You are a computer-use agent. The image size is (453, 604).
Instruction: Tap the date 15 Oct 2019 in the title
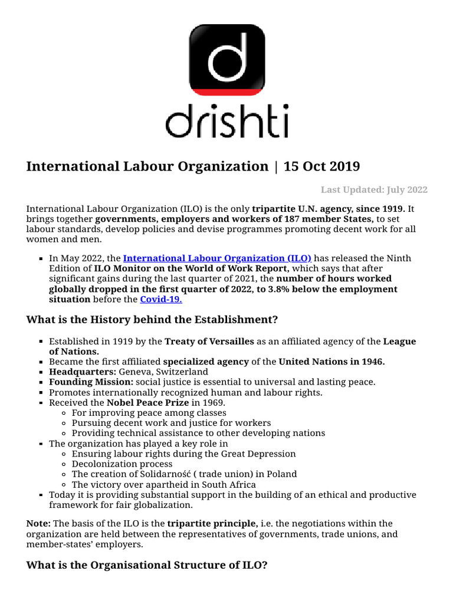(x=321, y=166)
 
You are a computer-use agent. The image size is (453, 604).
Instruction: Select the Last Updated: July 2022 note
(x=374, y=189)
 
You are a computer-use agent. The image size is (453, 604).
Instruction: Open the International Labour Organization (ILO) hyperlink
(x=216, y=258)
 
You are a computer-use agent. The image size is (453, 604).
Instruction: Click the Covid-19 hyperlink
(x=161, y=300)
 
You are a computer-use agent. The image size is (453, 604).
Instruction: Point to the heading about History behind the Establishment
(x=152, y=320)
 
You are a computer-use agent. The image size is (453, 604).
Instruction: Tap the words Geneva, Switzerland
(x=163, y=372)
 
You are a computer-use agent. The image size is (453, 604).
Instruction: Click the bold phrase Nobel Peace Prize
(x=149, y=403)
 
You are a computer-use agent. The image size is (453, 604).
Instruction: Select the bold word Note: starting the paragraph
(x=38, y=523)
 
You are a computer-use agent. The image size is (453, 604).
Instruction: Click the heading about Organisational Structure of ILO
(x=147, y=565)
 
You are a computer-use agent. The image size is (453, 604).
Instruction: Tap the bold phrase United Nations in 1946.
(x=331, y=362)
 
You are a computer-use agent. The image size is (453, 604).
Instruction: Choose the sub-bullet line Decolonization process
(x=122, y=464)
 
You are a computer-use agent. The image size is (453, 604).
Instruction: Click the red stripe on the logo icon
(x=226, y=91)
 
